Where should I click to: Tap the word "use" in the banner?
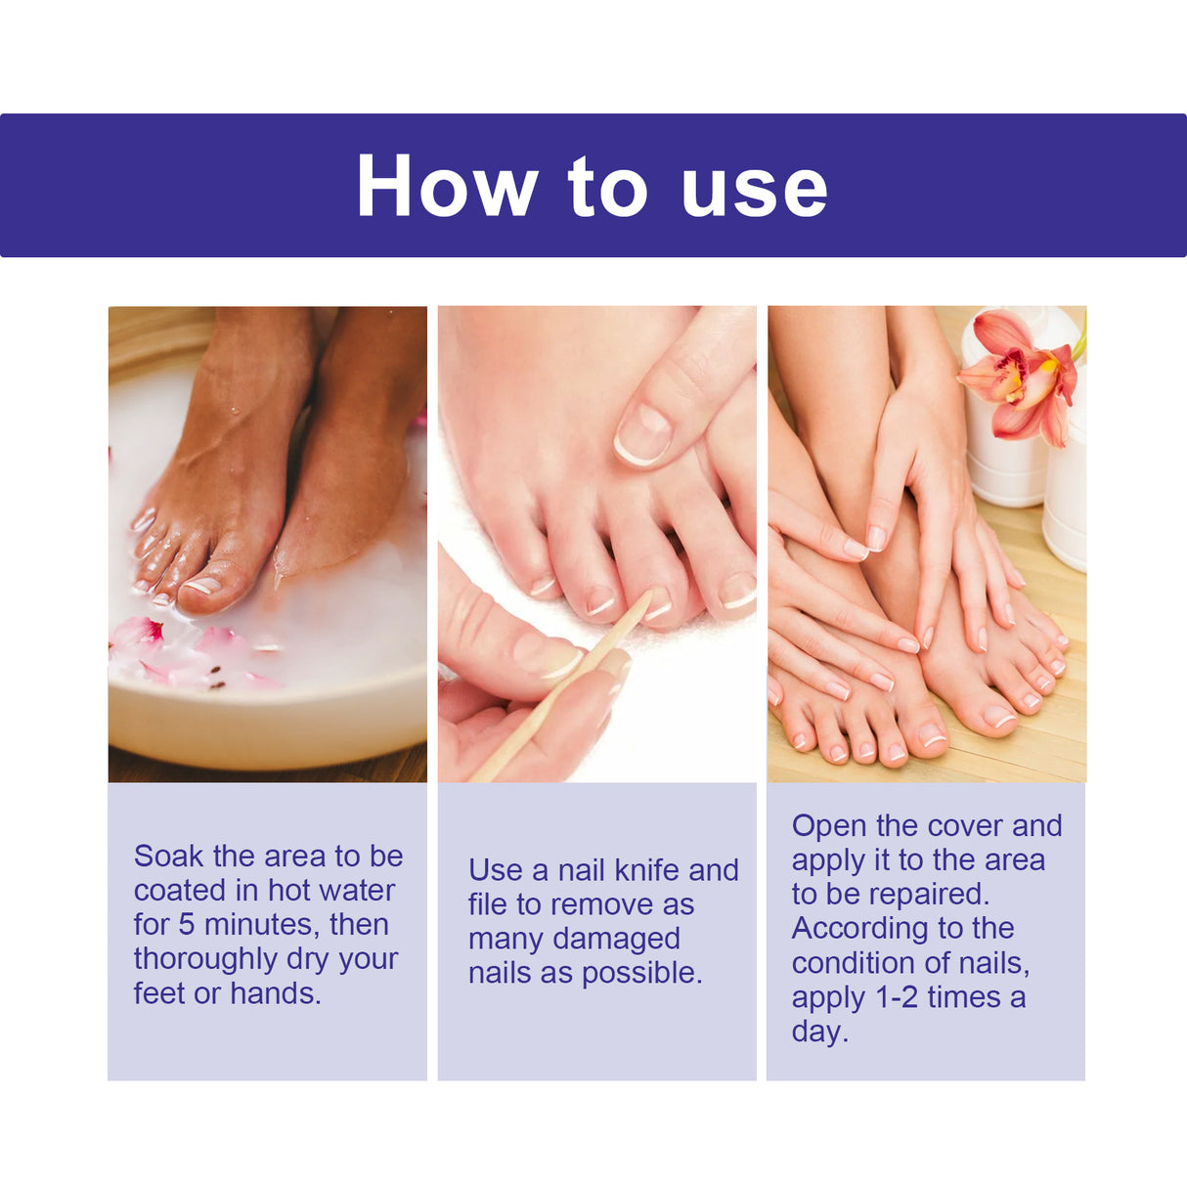click(x=754, y=188)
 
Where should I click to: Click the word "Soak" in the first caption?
click(x=169, y=856)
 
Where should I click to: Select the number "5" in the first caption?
click(x=186, y=924)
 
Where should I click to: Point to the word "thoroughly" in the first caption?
click(x=205, y=959)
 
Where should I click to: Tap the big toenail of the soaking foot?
click(x=202, y=585)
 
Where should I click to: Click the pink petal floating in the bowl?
click(x=137, y=634)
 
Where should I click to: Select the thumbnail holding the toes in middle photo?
click(x=641, y=434)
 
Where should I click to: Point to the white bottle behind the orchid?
click(x=1007, y=460)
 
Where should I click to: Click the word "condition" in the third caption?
click(x=854, y=963)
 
